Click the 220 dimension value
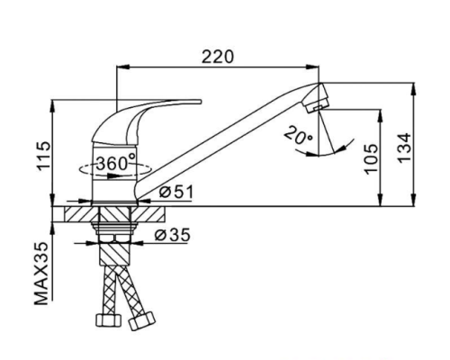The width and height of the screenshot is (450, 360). pyautogui.click(x=217, y=57)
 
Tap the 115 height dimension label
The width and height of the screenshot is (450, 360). pyautogui.click(x=44, y=155)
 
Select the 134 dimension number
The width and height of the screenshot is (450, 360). pyautogui.click(x=404, y=148)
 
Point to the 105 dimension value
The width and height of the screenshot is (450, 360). pyautogui.click(x=371, y=158)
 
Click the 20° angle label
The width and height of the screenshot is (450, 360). pyautogui.click(x=298, y=138)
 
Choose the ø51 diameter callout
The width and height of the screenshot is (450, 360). pyautogui.click(x=176, y=192)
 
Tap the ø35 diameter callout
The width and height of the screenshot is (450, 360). pyautogui.click(x=173, y=235)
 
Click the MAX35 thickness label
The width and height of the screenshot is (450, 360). pyautogui.click(x=41, y=274)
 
